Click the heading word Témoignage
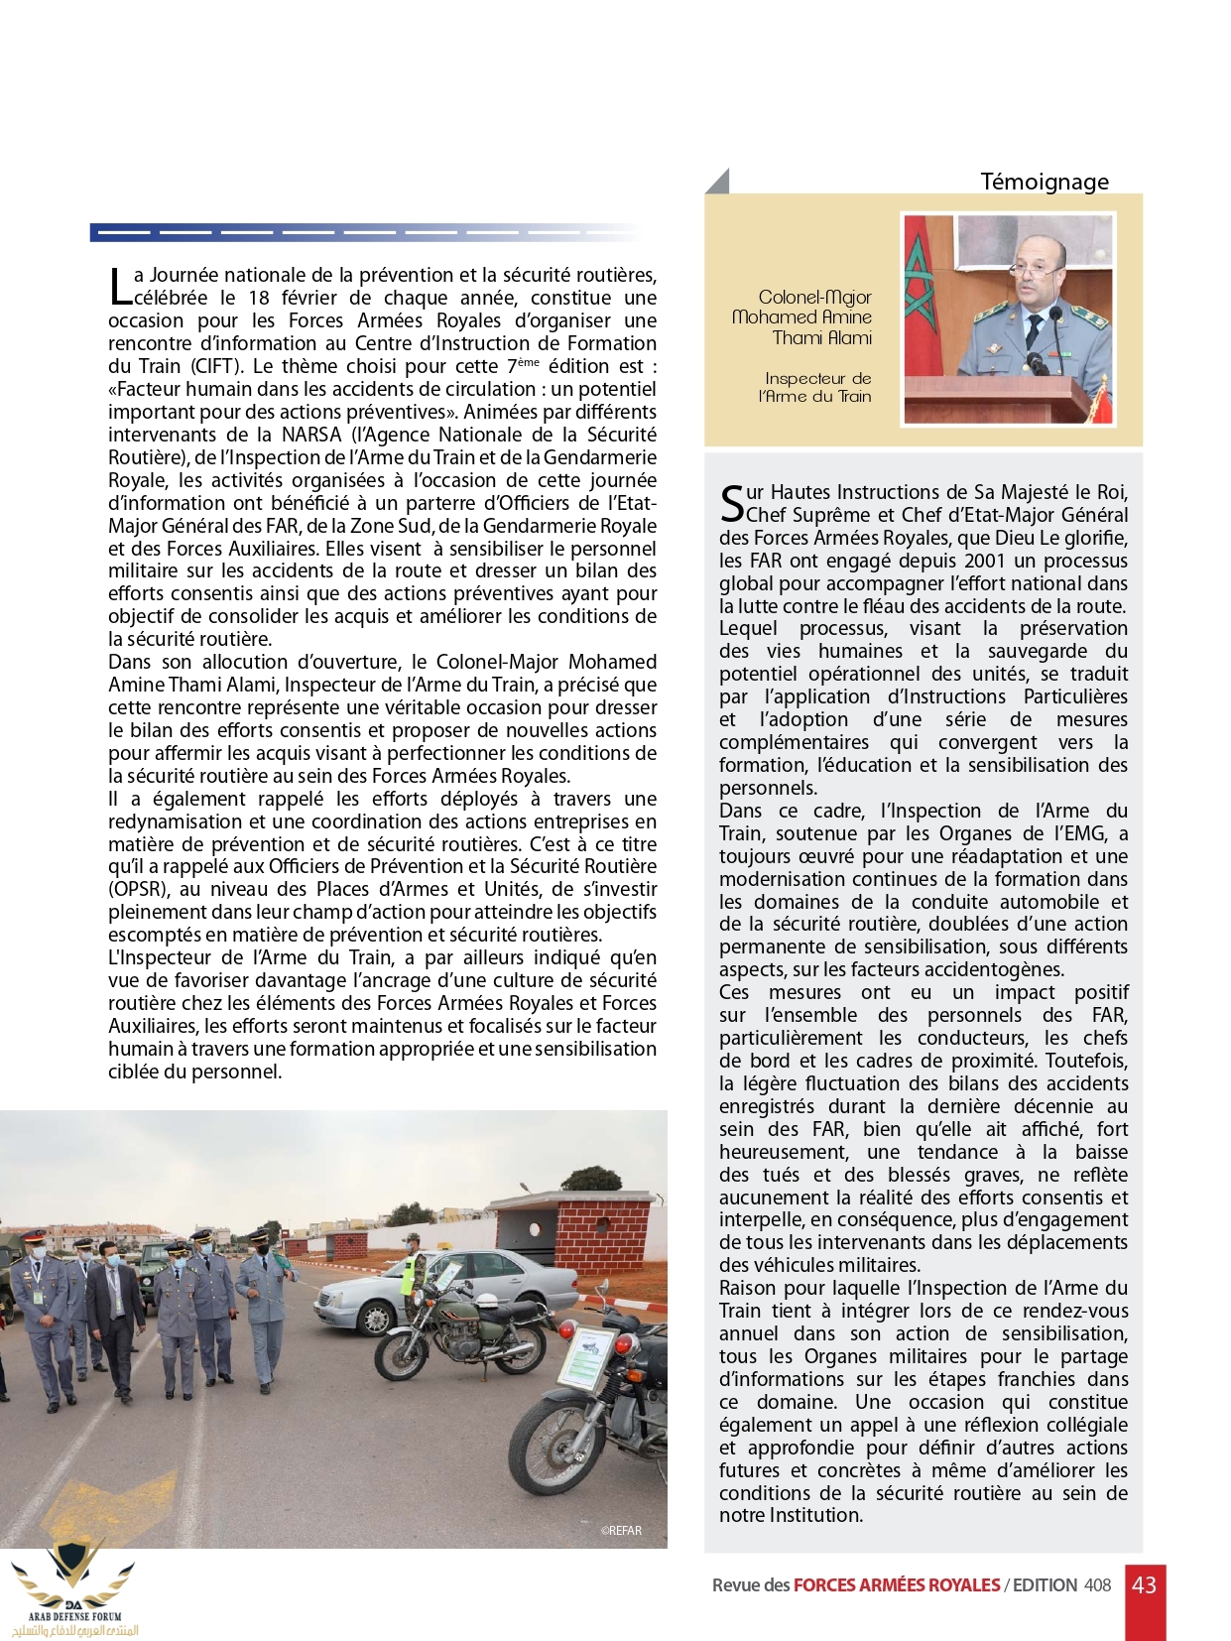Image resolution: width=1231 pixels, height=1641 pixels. [1044, 182]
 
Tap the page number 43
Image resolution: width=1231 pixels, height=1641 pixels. [1144, 1584]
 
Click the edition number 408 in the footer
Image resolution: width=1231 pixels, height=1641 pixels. [1097, 1585]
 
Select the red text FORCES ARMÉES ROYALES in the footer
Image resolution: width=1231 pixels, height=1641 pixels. [896, 1585]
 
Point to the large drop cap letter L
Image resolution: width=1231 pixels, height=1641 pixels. [119, 287]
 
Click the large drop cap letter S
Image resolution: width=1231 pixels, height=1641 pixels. [731, 504]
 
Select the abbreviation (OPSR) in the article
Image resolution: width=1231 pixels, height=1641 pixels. [139, 890]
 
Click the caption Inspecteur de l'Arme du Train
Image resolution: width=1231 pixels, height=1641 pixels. [816, 387]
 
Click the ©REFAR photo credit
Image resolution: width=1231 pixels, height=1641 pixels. [621, 1530]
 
